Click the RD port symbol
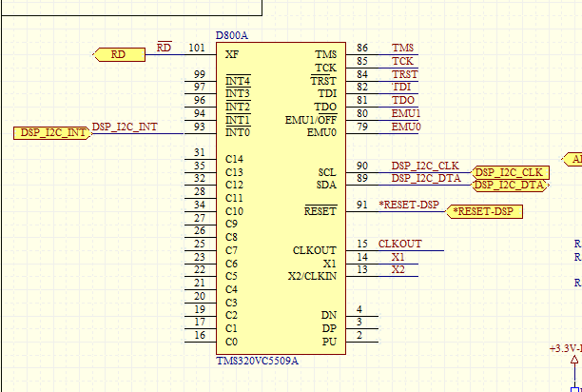[x=119, y=54]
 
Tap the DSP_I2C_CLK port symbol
[x=511, y=172]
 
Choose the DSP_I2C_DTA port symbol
[x=511, y=185]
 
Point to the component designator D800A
[x=233, y=35]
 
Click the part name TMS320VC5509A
[x=257, y=361]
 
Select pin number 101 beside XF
[x=196, y=47]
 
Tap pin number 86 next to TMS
[x=362, y=48]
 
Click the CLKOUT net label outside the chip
[x=399, y=244]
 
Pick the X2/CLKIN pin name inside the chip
[x=312, y=276]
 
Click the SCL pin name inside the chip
[x=326, y=172]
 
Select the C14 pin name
[x=234, y=159]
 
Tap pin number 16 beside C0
[x=199, y=335]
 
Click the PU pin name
[x=329, y=341]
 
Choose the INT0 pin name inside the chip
[x=238, y=133]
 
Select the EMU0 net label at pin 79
[x=406, y=127]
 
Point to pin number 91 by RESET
[x=362, y=205]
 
